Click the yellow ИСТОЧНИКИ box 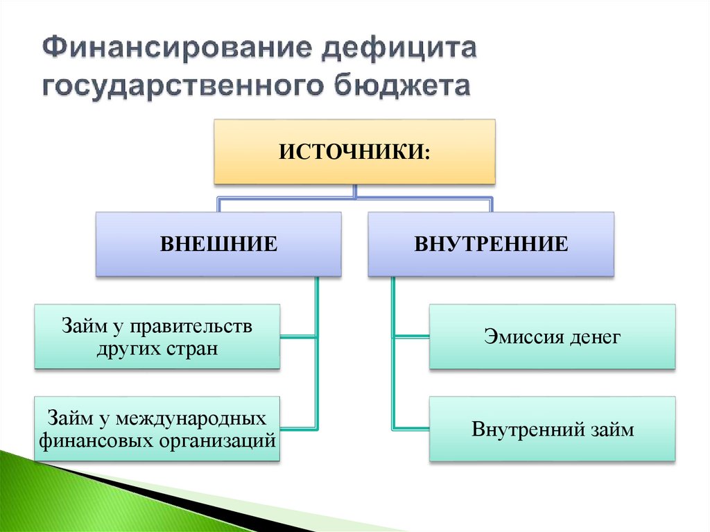tap(354, 151)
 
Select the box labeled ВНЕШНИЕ tap(218, 244)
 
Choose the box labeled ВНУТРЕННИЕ tap(491, 244)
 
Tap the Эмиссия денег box tap(552, 337)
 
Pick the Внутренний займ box tap(552, 429)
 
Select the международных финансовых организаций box tap(157, 429)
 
